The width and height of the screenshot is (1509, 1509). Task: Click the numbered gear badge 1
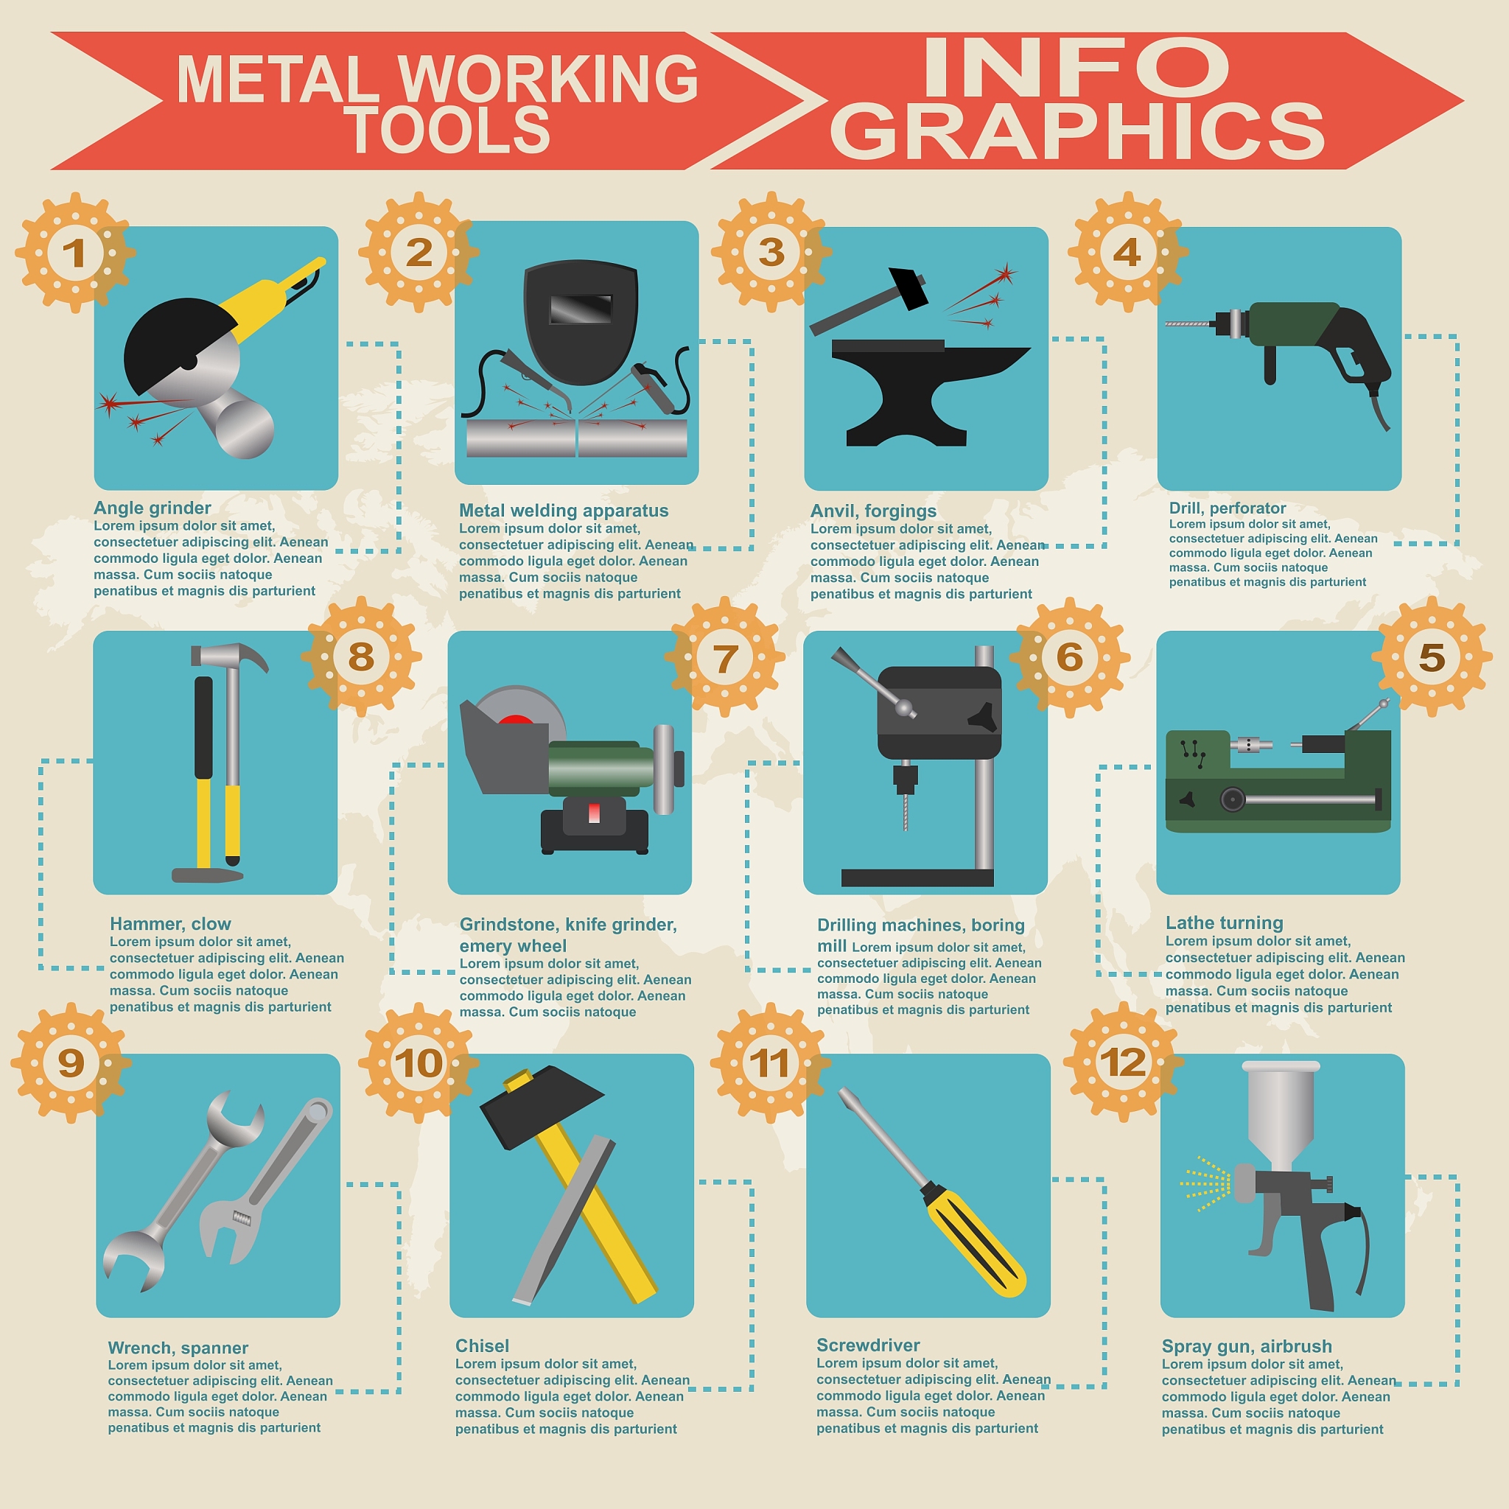click(75, 252)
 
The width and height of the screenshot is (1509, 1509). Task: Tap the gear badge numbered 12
click(1123, 1062)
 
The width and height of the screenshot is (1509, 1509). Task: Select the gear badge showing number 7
click(725, 657)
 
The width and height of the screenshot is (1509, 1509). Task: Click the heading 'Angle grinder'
click(153, 508)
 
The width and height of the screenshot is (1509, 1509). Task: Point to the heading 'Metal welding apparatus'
click(563, 510)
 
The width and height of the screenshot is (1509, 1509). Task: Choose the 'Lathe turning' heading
click(1224, 922)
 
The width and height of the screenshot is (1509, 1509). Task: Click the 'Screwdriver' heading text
click(868, 1344)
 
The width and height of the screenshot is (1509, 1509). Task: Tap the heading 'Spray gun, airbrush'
click(1247, 1345)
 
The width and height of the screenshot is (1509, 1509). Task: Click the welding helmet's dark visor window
click(581, 309)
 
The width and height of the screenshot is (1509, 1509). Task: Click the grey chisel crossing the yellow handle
click(564, 1220)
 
